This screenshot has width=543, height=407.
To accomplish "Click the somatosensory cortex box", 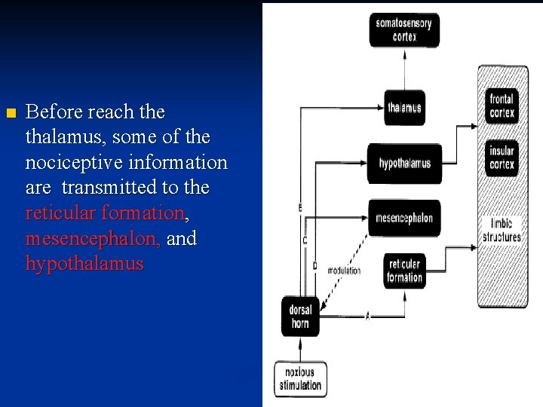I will [x=404, y=30].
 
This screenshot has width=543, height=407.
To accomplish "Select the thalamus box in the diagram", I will [x=404, y=108].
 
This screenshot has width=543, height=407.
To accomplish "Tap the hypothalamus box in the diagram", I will [x=404, y=164].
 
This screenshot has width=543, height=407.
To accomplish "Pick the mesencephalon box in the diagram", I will [x=404, y=219].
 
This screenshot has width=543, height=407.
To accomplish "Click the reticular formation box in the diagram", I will [x=404, y=271].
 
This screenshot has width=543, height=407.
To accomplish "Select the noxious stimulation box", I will [x=299, y=379].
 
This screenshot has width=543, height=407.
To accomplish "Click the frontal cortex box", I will [x=502, y=106].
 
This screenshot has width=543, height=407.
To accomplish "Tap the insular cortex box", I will [x=502, y=158].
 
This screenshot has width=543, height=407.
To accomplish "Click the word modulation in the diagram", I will [x=345, y=270].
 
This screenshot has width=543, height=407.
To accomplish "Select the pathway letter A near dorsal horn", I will [x=367, y=317].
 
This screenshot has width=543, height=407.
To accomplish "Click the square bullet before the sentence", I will [x=9, y=114].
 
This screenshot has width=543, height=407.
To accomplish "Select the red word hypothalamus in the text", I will [x=84, y=264].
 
